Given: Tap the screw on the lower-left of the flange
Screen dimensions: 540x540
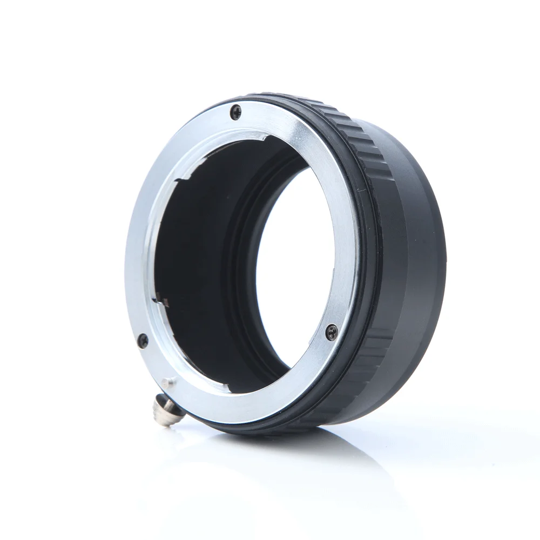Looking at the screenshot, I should [143, 340].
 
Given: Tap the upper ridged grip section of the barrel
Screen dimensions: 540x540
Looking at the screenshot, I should [346, 130].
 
